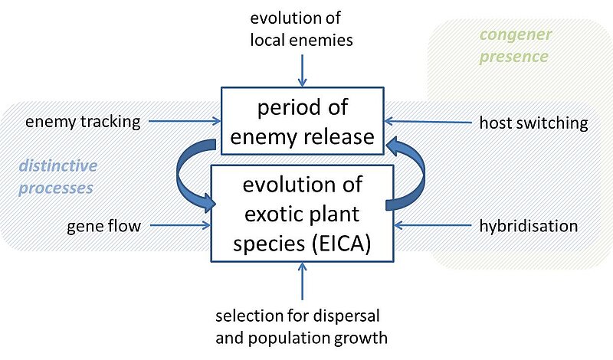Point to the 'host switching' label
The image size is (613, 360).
pos(533,123)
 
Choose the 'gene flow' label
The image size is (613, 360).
pos(98,226)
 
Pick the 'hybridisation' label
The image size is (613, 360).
pos(528,226)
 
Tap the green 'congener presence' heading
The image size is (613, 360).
pos(513,46)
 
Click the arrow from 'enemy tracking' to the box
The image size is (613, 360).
pos(184,120)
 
